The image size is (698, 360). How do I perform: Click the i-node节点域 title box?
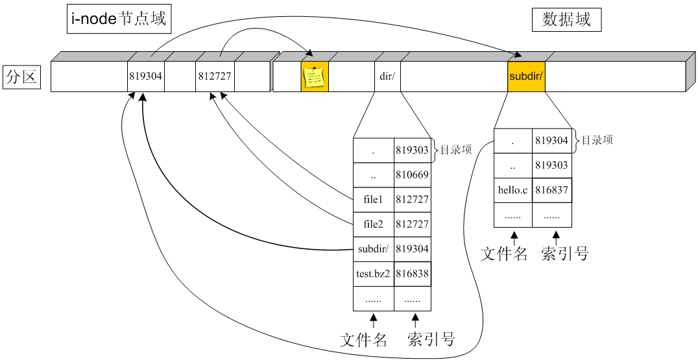(117, 19)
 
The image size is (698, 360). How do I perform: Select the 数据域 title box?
(566, 20)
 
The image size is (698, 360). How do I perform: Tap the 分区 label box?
(22, 77)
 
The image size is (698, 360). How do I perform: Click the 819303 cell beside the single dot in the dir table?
(412, 150)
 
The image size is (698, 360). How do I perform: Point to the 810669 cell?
(412, 175)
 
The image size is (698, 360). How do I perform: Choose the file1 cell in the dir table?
(373, 200)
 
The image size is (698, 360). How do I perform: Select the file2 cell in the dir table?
(373, 224)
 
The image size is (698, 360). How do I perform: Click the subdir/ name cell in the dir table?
(373, 249)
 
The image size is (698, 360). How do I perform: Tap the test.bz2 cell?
(373, 274)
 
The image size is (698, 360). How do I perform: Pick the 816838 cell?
(412, 274)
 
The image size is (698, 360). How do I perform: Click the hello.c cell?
(513, 190)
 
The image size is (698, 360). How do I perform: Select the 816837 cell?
(552, 190)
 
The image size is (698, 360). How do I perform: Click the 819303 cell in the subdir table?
(552, 165)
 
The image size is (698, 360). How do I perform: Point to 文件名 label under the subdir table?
(504, 254)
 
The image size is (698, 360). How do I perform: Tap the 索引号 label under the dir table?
(431, 339)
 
